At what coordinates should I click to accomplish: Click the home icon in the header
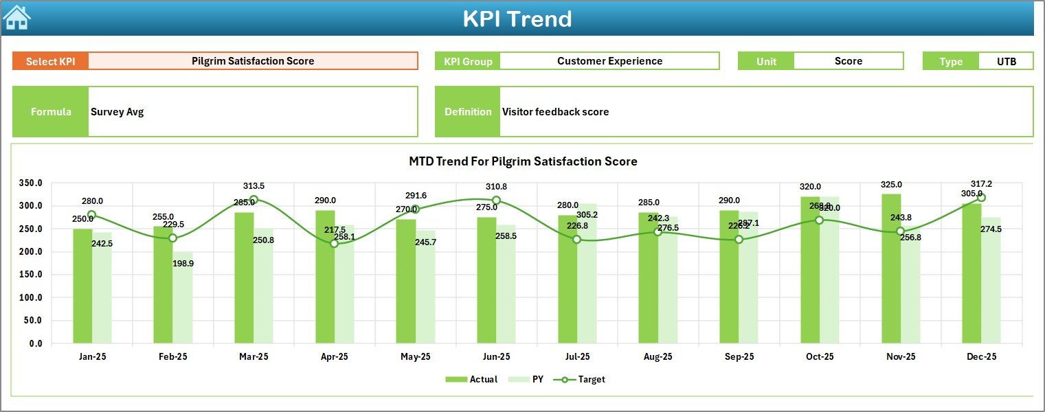click(16, 18)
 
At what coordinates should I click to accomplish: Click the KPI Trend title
click(517, 19)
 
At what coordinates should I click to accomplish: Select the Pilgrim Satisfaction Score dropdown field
click(253, 61)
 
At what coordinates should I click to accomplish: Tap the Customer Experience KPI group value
click(609, 61)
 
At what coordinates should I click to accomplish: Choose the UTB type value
click(1007, 61)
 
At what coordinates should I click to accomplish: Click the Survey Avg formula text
click(117, 112)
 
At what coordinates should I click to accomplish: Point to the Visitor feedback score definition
click(555, 112)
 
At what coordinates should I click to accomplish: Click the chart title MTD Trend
click(523, 161)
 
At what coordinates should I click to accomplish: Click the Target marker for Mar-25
click(254, 200)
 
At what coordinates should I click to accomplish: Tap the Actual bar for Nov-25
click(891, 268)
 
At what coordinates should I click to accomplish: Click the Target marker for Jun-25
click(496, 201)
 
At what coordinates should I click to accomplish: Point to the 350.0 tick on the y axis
click(30, 183)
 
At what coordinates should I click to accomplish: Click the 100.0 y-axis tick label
click(30, 297)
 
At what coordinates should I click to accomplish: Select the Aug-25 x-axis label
click(658, 357)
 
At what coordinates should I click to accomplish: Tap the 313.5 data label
click(254, 186)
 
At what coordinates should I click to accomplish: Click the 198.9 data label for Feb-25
click(183, 264)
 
